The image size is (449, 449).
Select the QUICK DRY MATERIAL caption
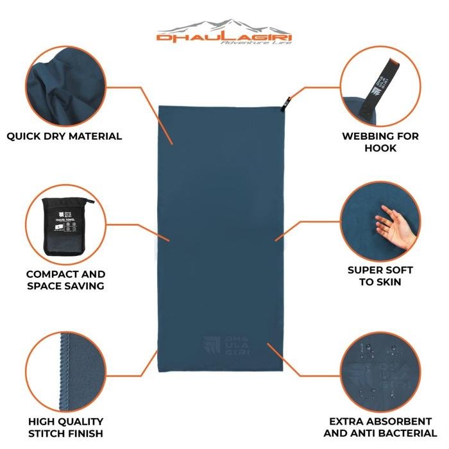[64, 136]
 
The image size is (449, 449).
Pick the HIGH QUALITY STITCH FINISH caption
[66, 427]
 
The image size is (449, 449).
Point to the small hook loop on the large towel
[289, 99]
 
